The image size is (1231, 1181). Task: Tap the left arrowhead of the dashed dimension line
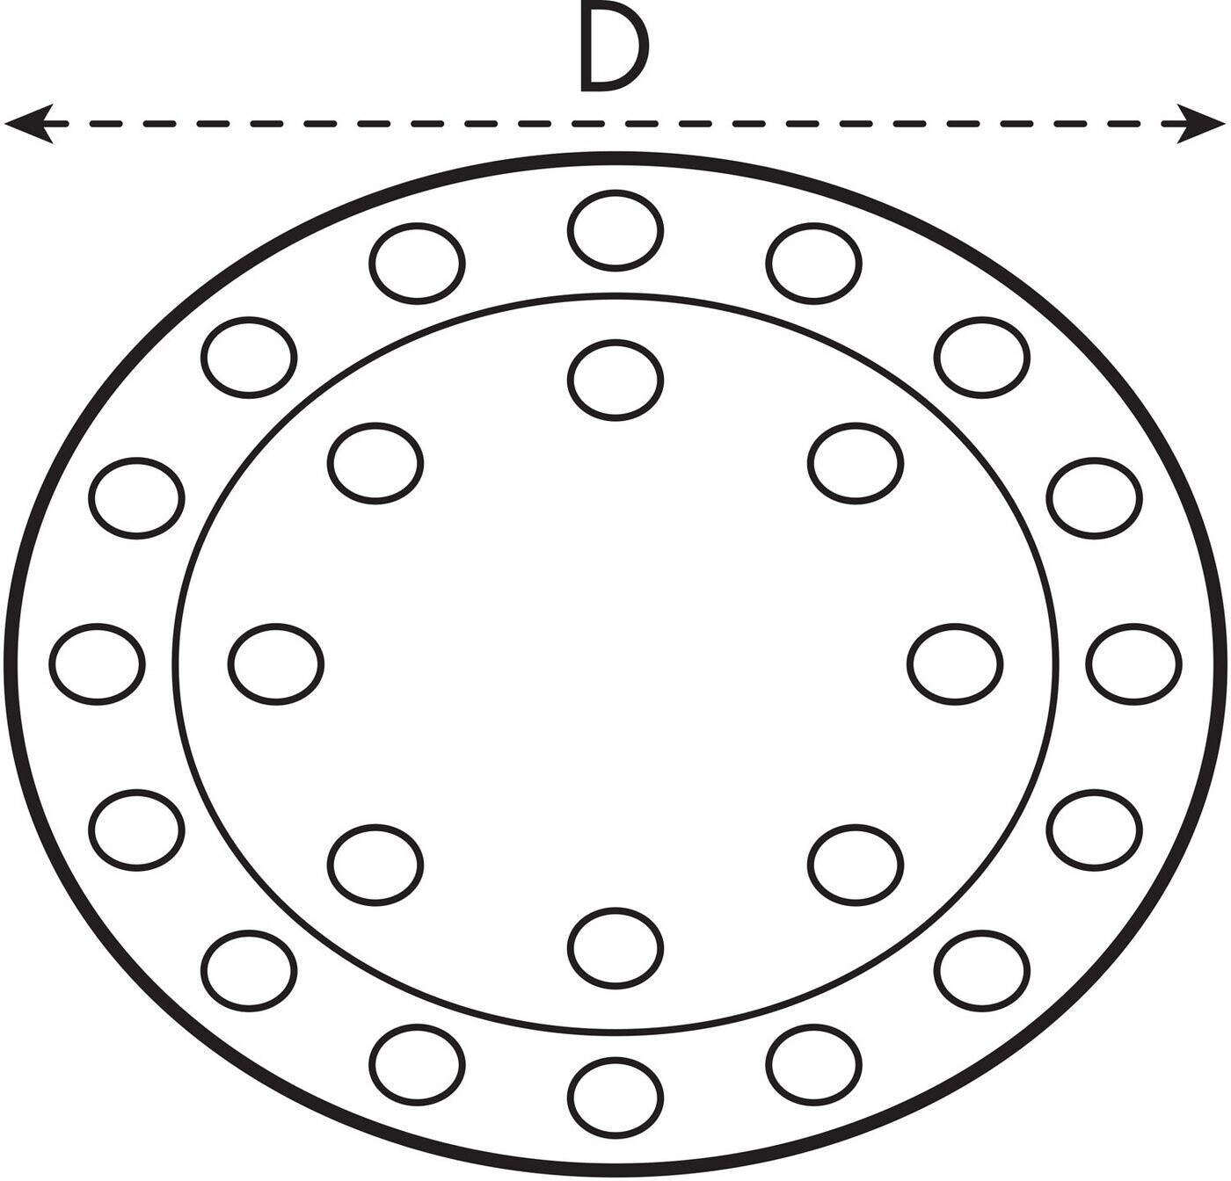[x=26, y=123]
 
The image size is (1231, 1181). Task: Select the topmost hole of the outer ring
[x=615, y=230]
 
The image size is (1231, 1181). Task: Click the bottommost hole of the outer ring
[x=615, y=1098]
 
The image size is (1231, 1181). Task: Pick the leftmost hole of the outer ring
[x=97, y=663]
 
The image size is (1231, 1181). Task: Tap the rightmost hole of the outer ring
[x=1133, y=663]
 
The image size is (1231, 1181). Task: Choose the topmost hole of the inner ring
[x=615, y=380]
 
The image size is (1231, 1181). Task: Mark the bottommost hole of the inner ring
[x=615, y=948]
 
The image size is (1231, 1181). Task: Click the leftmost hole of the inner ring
[x=276, y=663]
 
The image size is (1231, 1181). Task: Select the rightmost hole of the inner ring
[x=954, y=663]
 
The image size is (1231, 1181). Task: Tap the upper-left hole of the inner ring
[x=375, y=463]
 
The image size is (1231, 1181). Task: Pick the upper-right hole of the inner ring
[x=856, y=463]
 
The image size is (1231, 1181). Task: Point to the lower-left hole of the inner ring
[x=375, y=865]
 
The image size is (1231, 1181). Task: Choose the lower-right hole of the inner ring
[x=856, y=865]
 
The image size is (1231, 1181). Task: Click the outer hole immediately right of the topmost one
[x=813, y=263]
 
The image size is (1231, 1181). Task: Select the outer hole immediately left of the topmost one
[x=417, y=263]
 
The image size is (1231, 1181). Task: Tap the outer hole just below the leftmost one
[x=136, y=830]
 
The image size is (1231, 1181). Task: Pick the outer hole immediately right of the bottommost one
[x=813, y=1064]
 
